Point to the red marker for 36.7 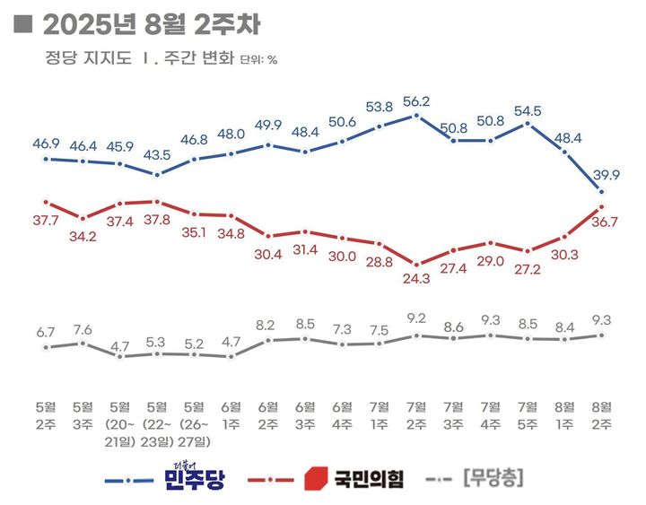[601, 208]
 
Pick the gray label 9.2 [416, 318]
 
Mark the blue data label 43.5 [157, 155]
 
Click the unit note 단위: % [258, 62]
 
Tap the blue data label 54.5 [528, 110]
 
